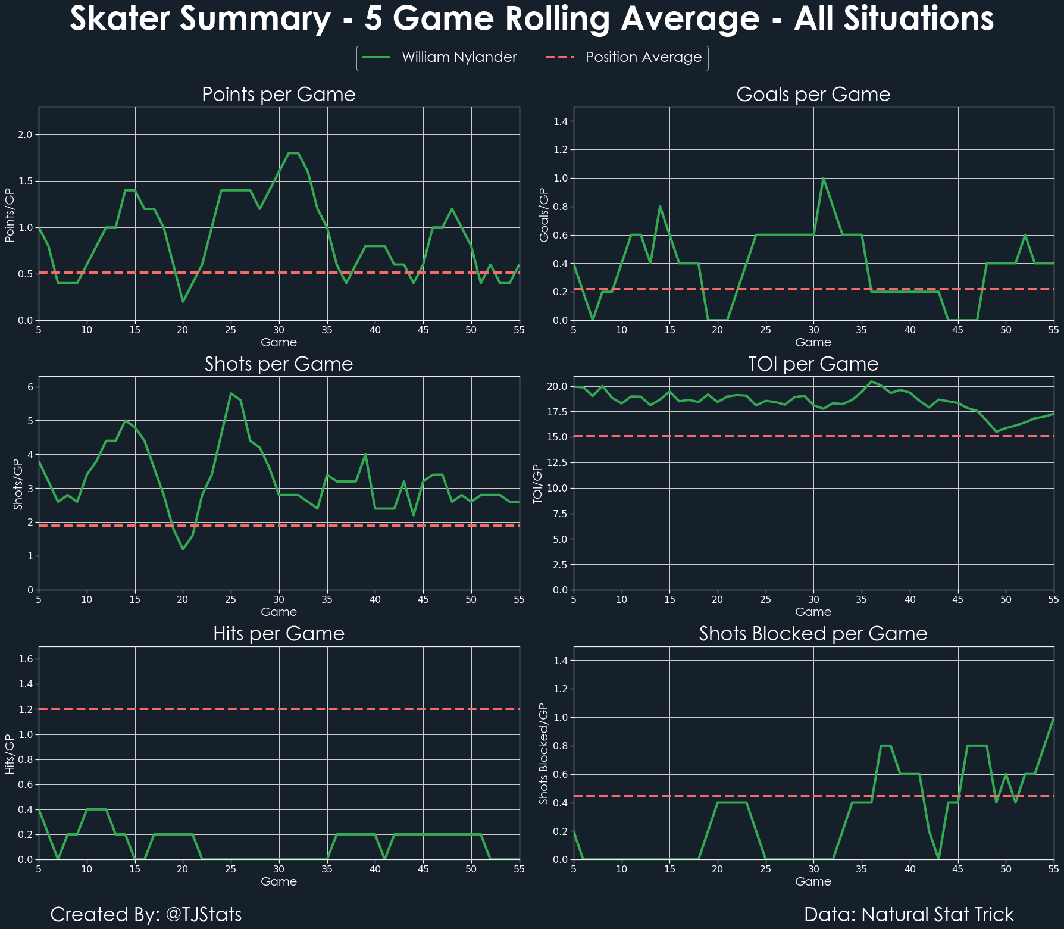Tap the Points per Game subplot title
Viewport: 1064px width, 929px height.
[x=278, y=95]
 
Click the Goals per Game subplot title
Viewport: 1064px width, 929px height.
[x=813, y=95]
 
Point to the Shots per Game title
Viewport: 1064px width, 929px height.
[x=278, y=364]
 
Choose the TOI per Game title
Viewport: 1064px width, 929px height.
[x=813, y=364]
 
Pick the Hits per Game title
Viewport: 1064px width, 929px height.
[x=278, y=634]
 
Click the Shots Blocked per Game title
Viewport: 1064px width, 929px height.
[x=813, y=634]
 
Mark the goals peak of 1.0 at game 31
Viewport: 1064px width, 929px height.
[x=823, y=178]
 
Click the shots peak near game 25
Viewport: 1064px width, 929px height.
[x=231, y=393]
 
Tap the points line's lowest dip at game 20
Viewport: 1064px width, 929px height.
[x=183, y=302]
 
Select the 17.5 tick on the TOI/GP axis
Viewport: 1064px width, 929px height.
[x=558, y=412]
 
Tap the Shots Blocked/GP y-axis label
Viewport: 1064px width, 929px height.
[x=543, y=753]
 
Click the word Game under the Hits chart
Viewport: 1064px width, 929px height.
[x=278, y=881]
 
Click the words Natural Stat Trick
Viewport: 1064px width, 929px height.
[x=938, y=915]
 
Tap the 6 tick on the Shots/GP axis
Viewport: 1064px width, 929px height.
[x=30, y=387]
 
